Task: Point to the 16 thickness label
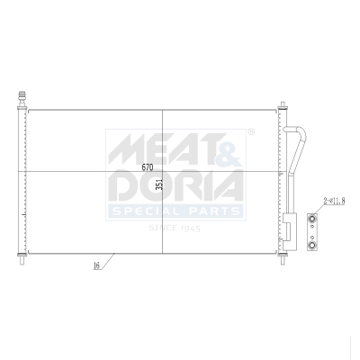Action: pyautogui.click(x=95, y=265)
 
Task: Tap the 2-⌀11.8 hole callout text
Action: pyautogui.click(x=336, y=201)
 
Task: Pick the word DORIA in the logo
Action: pyautogui.click(x=175, y=185)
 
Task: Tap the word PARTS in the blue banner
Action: pyautogui.click(x=212, y=211)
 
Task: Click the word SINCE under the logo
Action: pyautogui.click(x=162, y=229)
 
